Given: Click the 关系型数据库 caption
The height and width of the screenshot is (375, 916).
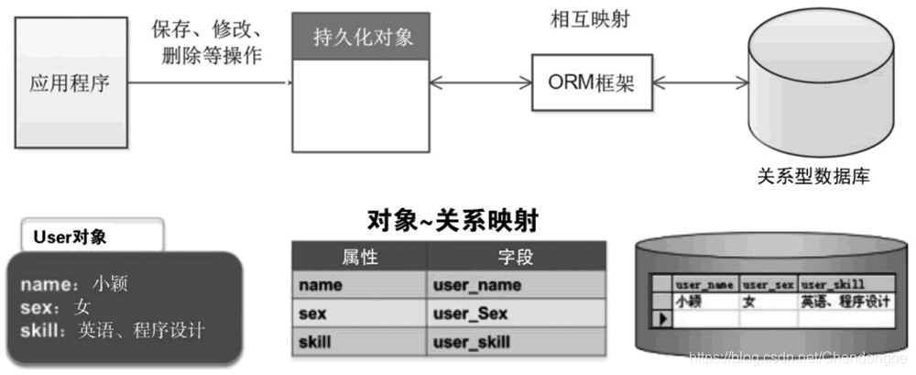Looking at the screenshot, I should pos(812,176).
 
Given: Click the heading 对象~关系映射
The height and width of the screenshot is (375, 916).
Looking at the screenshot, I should pos(451,220).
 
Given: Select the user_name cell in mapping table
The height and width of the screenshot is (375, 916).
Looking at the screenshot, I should pos(517,285).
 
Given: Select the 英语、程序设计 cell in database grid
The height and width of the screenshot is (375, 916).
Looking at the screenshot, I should pos(845,301).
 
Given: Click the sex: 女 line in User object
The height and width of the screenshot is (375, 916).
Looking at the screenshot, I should pos(57,306).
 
